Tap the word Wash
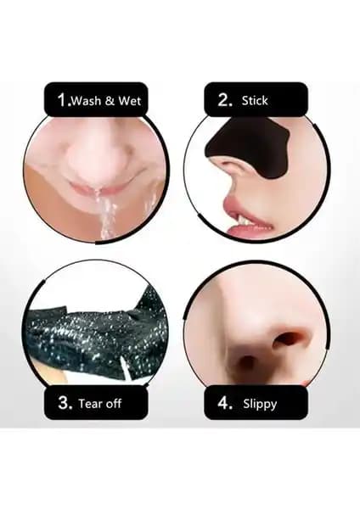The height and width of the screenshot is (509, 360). (x=86, y=101)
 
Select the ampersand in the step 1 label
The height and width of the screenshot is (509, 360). (x=110, y=101)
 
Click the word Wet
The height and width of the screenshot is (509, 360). (x=129, y=101)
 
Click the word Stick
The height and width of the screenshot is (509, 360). (x=255, y=100)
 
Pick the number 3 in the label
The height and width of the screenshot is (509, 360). (x=65, y=402)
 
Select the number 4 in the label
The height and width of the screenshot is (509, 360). (x=225, y=403)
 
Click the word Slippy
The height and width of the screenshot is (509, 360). (x=260, y=405)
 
